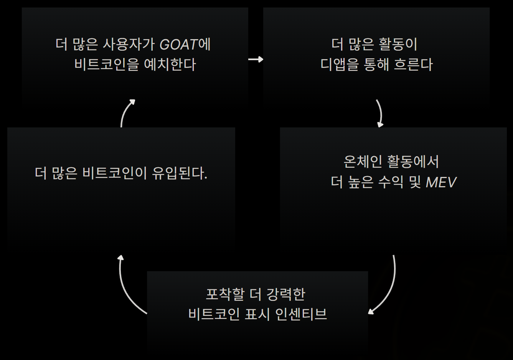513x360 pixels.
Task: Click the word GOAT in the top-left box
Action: [178, 45]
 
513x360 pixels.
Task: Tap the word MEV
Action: [441, 182]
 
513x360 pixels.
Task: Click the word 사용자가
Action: [129, 45]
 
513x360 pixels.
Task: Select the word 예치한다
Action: [170, 64]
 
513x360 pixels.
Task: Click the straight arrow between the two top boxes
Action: [256, 59]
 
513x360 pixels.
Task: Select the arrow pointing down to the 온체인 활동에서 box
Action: [380, 113]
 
